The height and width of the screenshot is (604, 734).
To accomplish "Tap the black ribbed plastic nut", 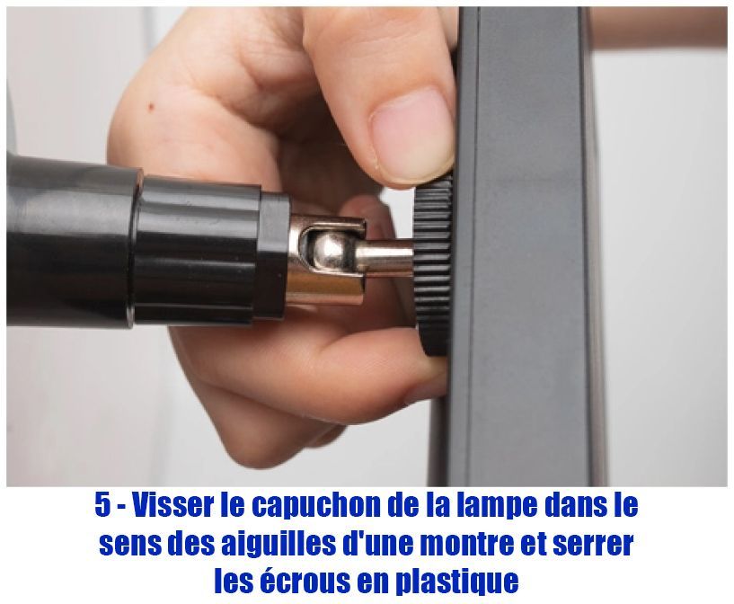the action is point(431,268).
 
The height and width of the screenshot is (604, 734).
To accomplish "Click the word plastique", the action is point(456,582).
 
